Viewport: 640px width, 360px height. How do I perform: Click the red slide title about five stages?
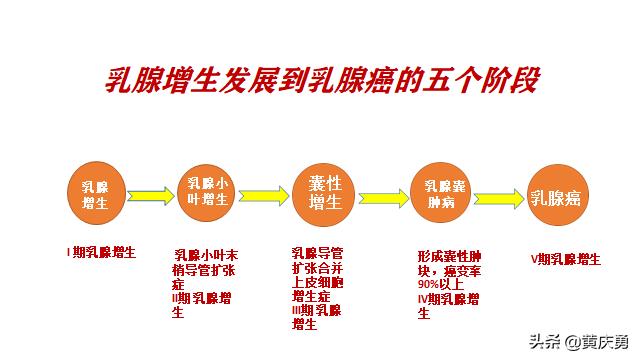coord(322,80)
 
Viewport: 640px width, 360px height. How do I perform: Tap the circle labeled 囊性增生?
coord(323,192)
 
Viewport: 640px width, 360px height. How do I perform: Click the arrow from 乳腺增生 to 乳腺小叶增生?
coord(151,193)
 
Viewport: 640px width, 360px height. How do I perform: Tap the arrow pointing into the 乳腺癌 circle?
coord(497,193)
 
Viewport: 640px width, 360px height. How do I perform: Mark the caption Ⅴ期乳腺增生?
coord(566,259)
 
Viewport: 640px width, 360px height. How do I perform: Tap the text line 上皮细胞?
coord(317,282)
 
